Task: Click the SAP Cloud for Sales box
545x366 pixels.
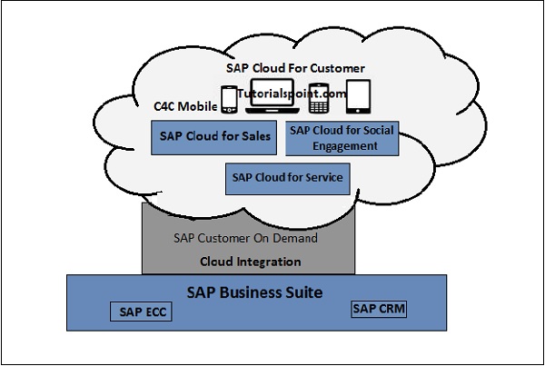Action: point(214,137)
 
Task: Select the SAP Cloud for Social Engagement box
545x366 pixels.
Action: point(332,137)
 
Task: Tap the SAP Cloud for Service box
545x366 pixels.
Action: point(286,178)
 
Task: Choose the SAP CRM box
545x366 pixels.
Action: point(379,309)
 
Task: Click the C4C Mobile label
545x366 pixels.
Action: point(184,107)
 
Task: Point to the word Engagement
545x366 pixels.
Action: point(332,144)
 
